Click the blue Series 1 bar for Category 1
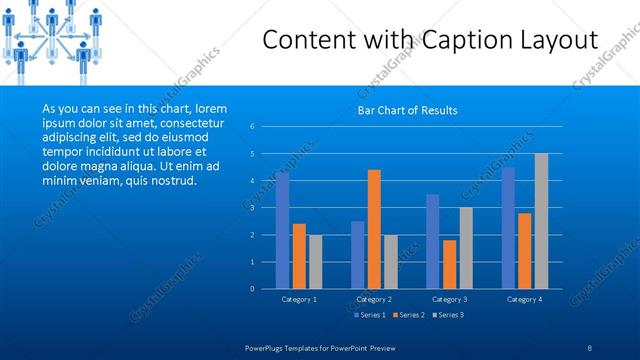point(282,230)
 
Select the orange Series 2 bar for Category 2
point(374,229)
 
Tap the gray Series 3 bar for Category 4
point(541,221)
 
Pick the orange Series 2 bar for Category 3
point(449,264)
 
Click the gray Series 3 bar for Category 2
point(390,262)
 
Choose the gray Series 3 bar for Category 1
point(315,262)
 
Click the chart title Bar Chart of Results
point(407,110)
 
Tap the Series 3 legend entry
point(446,315)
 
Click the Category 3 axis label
point(449,299)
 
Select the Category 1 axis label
point(299,299)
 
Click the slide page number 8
point(591,345)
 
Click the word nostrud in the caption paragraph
point(173,181)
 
